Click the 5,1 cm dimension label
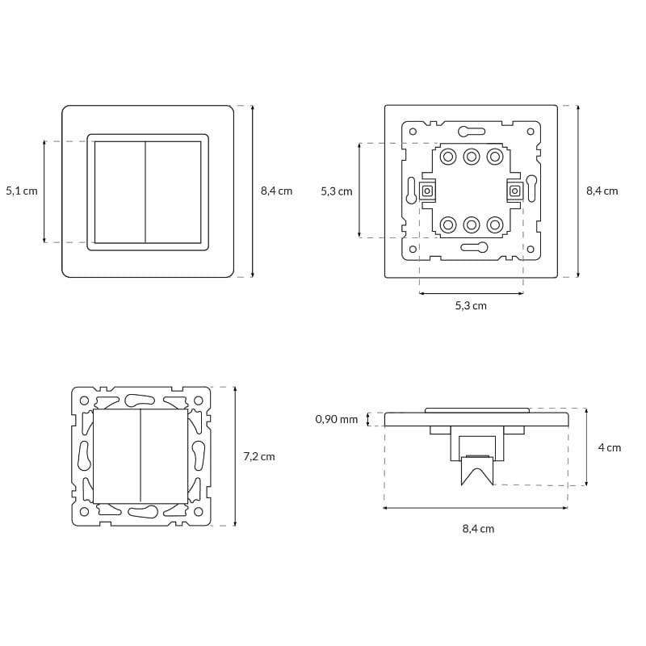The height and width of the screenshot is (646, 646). click(x=22, y=191)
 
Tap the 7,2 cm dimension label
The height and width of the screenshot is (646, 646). click(x=259, y=456)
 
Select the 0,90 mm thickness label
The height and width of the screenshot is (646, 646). click(x=336, y=419)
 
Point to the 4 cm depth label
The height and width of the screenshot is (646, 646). click(x=610, y=447)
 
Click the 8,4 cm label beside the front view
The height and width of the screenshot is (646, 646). click(x=276, y=191)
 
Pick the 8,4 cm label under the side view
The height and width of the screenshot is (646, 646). click(x=478, y=529)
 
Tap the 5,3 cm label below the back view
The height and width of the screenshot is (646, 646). click(x=471, y=306)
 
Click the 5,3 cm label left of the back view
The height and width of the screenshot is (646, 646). click(x=337, y=191)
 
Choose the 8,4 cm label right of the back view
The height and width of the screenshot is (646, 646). click(x=602, y=191)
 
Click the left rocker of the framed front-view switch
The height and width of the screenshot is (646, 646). click(x=120, y=192)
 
